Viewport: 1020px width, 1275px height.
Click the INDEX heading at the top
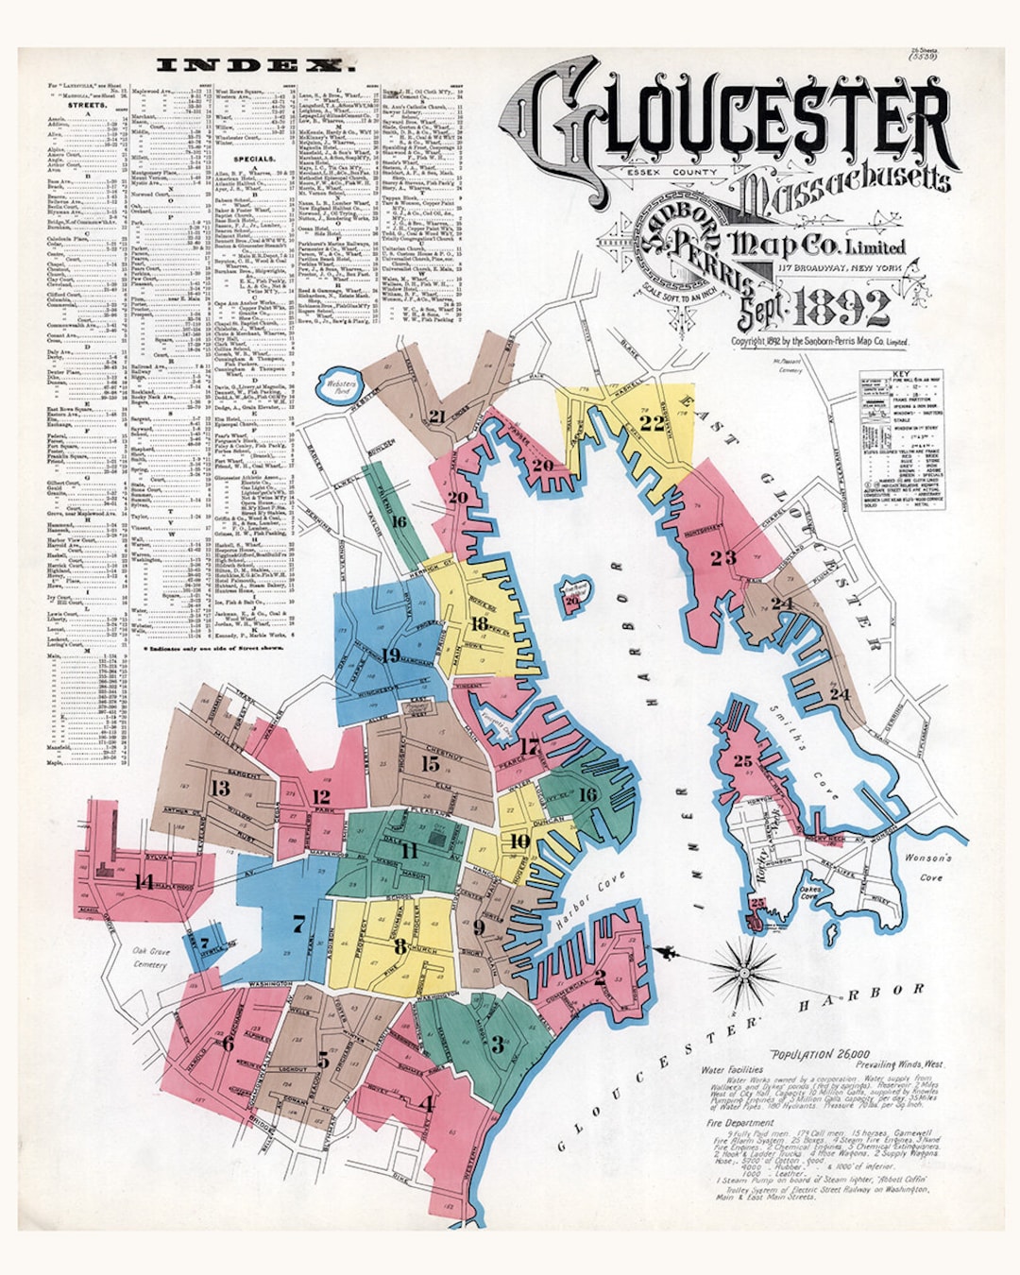[253, 65]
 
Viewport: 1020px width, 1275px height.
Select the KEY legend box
[901, 439]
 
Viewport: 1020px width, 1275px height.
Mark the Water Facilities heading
[732, 1070]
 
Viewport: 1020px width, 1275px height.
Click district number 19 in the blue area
[392, 654]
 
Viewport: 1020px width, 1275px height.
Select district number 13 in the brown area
[220, 787]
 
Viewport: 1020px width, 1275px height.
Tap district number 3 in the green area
[497, 1044]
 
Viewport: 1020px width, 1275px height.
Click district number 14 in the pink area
[144, 882]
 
